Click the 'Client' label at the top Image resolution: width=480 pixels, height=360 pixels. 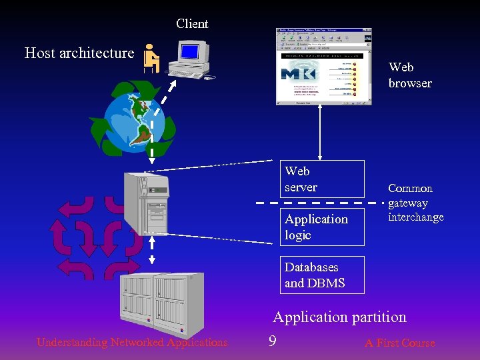[192, 24]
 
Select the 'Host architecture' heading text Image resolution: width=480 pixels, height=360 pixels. [79, 53]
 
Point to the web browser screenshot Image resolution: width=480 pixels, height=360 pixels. [323, 67]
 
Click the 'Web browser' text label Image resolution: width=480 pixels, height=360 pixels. [409, 75]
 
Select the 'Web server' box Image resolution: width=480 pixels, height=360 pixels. [322, 179]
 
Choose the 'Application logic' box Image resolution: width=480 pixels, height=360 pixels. [322, 227]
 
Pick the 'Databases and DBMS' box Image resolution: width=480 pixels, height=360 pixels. [322, 275]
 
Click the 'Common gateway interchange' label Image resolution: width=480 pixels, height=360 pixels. [415, 203]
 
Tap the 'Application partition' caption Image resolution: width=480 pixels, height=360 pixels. [339, 317]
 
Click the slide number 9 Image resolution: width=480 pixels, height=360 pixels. [272, 342]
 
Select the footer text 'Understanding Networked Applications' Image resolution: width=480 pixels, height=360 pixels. [132, 343]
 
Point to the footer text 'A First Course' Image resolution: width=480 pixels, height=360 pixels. [399, 343]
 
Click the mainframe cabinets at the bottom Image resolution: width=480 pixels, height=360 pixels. [160, 300]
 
